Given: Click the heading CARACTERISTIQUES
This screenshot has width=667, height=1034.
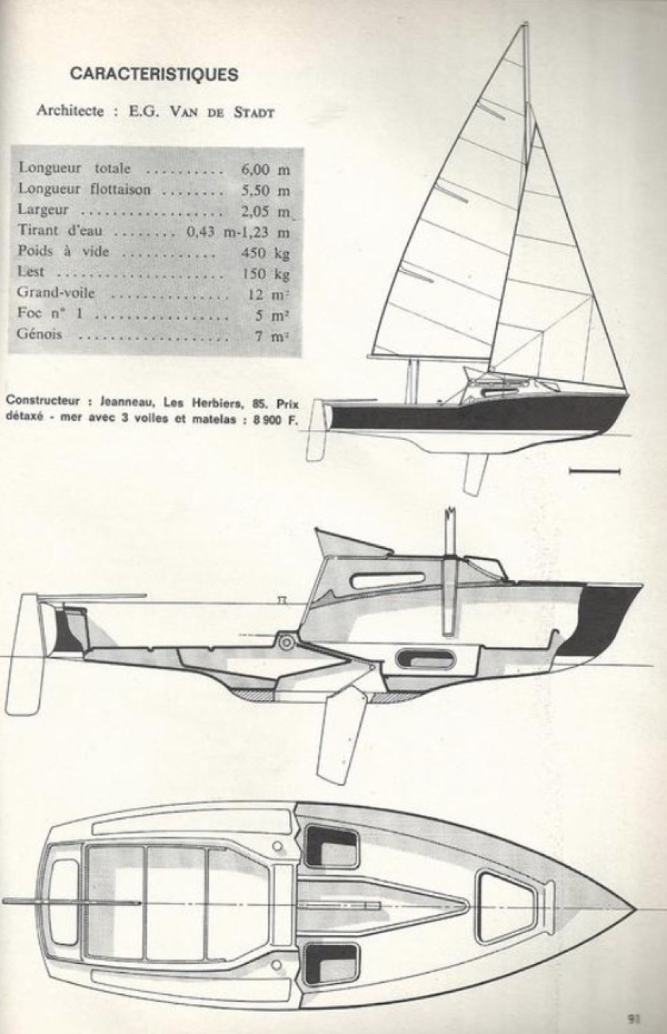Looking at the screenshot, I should click(x=154, y=75).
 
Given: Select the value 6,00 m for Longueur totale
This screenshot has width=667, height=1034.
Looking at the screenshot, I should click(x=263, y=169).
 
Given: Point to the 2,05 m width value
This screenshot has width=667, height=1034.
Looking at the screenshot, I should click(x=263, y=212).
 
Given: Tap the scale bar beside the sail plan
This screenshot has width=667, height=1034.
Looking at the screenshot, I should click(x=595, y=472).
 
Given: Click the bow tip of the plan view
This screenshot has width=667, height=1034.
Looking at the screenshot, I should click(x=632, y=908).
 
